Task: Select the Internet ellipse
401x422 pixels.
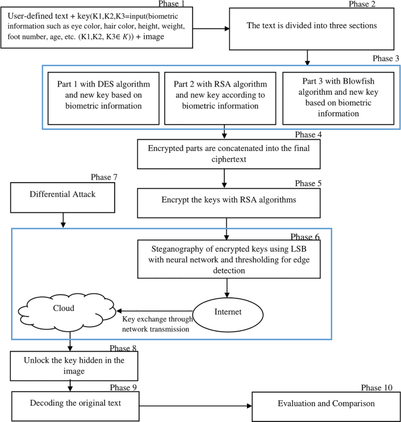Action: [227, 311]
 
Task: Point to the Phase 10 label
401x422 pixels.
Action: [377, 387]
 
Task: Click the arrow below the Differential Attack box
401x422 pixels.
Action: [63, 221]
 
